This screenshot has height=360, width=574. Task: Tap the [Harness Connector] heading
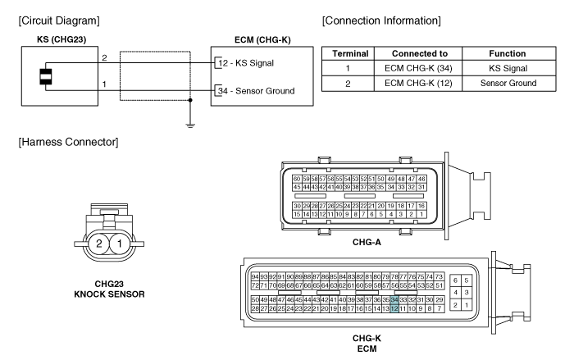[x=64, y=143]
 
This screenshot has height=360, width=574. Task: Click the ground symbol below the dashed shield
[x=191, y=125]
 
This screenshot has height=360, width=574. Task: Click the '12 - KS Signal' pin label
[x=251, y=62]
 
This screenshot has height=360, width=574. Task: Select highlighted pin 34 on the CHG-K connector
[x=394, y=300]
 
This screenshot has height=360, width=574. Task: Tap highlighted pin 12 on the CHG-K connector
[x=394, y=309]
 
